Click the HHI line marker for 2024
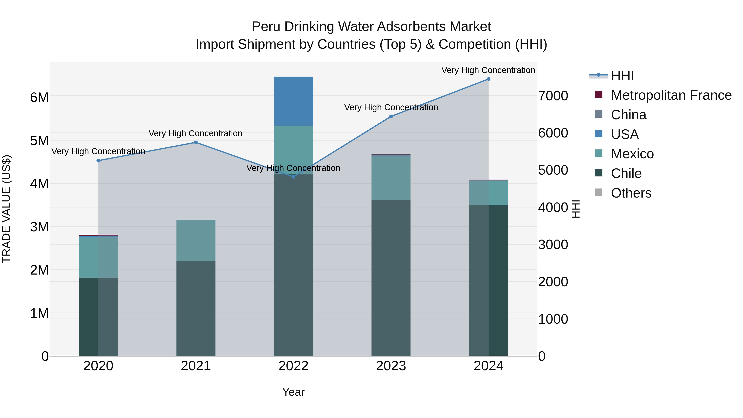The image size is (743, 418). (x=488, y=79)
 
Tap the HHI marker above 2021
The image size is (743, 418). (x=196, y=142)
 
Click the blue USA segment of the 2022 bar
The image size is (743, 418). (x=293, y=101)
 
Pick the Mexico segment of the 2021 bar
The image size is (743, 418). (x=196, y=240)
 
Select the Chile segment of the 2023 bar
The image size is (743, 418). (x=391, y=277)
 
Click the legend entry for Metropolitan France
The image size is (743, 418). (x=671, y=95)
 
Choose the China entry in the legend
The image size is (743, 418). (x=628, y=115)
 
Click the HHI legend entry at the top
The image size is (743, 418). (x=622, y=76)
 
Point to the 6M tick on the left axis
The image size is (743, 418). (x=39, y=97)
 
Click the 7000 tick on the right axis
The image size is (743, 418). (x=553, y=96)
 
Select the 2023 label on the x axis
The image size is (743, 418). (x=391, y=366)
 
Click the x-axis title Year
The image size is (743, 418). (x=293, y=392)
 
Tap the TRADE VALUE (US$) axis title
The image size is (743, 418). (x=6, y=209)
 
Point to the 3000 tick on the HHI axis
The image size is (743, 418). (x=553, y=245)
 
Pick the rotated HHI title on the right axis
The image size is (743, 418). (x=576, y=209)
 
